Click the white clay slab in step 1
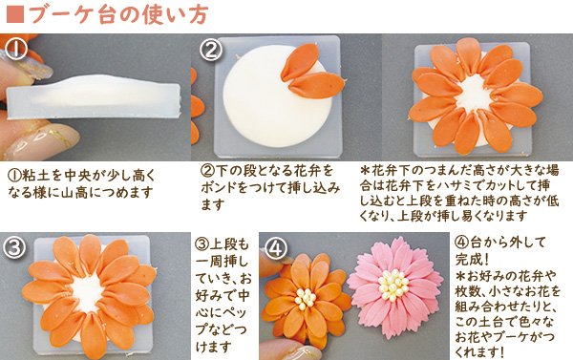(x=95, y=95)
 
